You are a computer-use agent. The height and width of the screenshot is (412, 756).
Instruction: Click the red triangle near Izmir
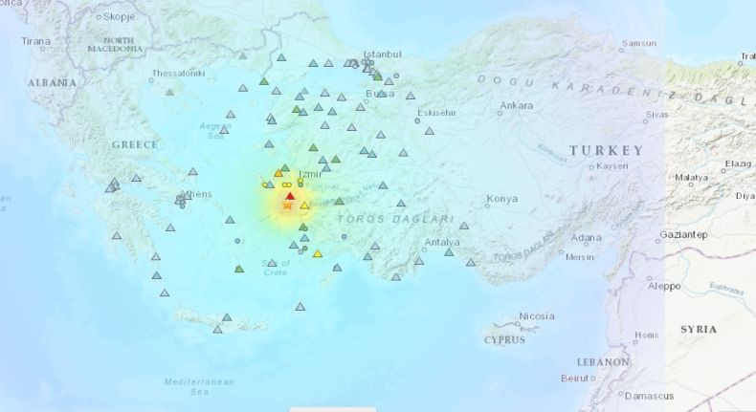[x=290, y=197]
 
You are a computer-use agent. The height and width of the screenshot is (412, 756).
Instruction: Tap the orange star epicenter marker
[x=288, y=206]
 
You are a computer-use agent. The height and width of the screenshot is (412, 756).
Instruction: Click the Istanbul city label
[x=383, y=54]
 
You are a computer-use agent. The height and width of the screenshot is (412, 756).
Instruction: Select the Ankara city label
[x=516, y=105]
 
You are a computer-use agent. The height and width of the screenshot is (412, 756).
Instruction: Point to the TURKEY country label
[x=606, y=151]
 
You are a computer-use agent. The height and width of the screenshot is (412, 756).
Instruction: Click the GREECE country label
[x=135, y=144]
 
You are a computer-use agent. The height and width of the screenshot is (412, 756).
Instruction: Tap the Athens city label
[x=197, y=194]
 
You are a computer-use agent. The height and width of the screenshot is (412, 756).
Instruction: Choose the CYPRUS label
[x=504, y=339]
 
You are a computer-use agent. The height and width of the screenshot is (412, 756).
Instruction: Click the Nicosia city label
[x=536, y=316]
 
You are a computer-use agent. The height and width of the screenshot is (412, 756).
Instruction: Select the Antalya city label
[x=443, y=243]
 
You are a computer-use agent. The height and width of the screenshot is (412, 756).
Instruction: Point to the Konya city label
[x=501, y=199]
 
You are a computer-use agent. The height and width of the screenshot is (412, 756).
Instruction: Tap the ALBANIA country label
[x=52, y=83]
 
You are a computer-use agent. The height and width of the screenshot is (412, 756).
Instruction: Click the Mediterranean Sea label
[x=199, y=386]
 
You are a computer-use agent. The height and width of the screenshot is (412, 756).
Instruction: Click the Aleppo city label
[x=663, y=286]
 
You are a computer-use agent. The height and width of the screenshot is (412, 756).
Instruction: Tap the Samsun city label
[x=638, y=43]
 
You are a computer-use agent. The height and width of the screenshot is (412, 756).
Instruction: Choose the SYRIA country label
[x=698, y=329]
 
